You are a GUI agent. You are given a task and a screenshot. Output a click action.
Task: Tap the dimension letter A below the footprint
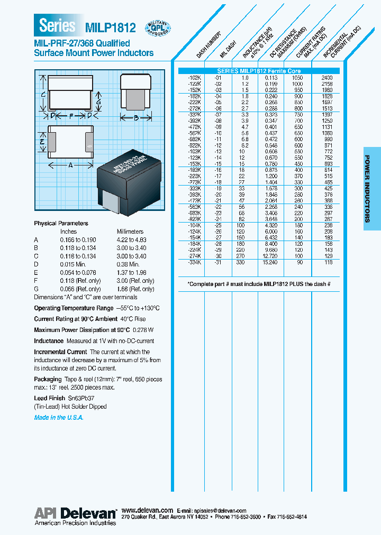[x=71, y=165]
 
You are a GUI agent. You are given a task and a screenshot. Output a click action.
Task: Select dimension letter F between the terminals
[x=71, y=115]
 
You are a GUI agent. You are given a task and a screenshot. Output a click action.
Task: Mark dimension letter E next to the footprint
[x=42, y=141]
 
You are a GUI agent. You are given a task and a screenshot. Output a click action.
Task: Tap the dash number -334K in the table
[x=194, y=262]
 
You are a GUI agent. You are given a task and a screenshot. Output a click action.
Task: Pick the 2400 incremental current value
[x=327, y=77]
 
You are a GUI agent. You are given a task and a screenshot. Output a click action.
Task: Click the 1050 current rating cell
[x=298, y=77]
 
